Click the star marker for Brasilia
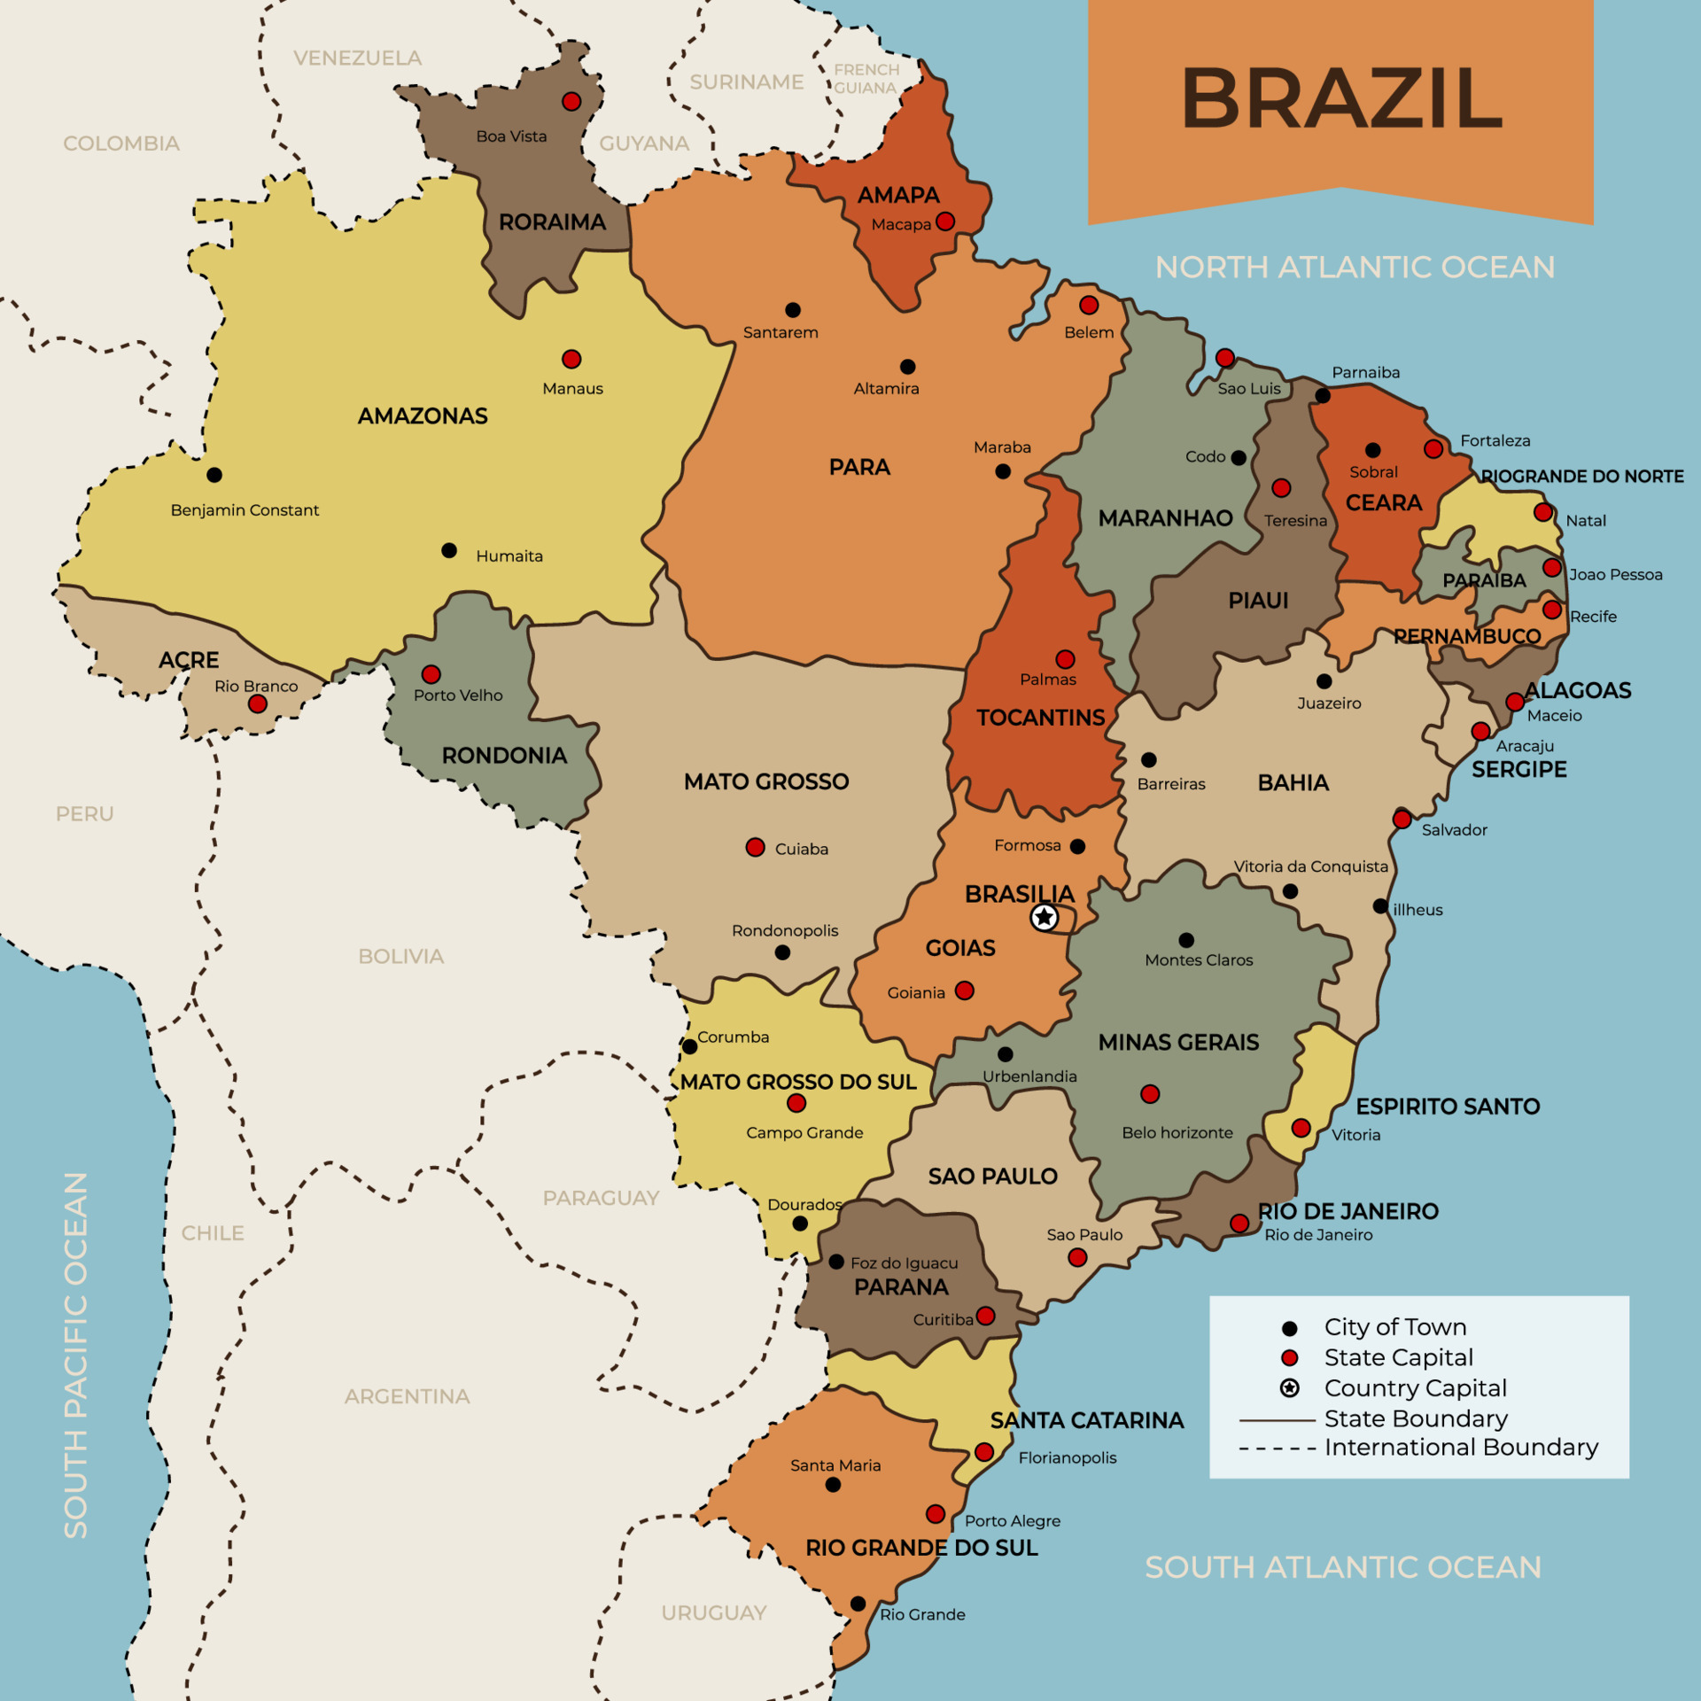1045,917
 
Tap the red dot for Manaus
571,359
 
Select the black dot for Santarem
793,310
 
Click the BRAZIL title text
1341,98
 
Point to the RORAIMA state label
552,222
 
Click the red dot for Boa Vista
571,101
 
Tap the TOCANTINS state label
1040,718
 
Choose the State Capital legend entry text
1398,1357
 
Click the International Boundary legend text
1461,1448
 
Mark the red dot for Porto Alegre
936,1513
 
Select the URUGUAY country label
714,1612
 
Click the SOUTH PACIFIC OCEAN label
76,1355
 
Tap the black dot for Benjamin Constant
214,475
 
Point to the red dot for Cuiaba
755,847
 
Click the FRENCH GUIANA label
866,79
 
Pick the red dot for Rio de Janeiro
1239,1223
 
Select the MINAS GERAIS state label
1178,1042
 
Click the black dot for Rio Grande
858,1604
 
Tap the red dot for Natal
1542,512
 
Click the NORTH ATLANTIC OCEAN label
1355,267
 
